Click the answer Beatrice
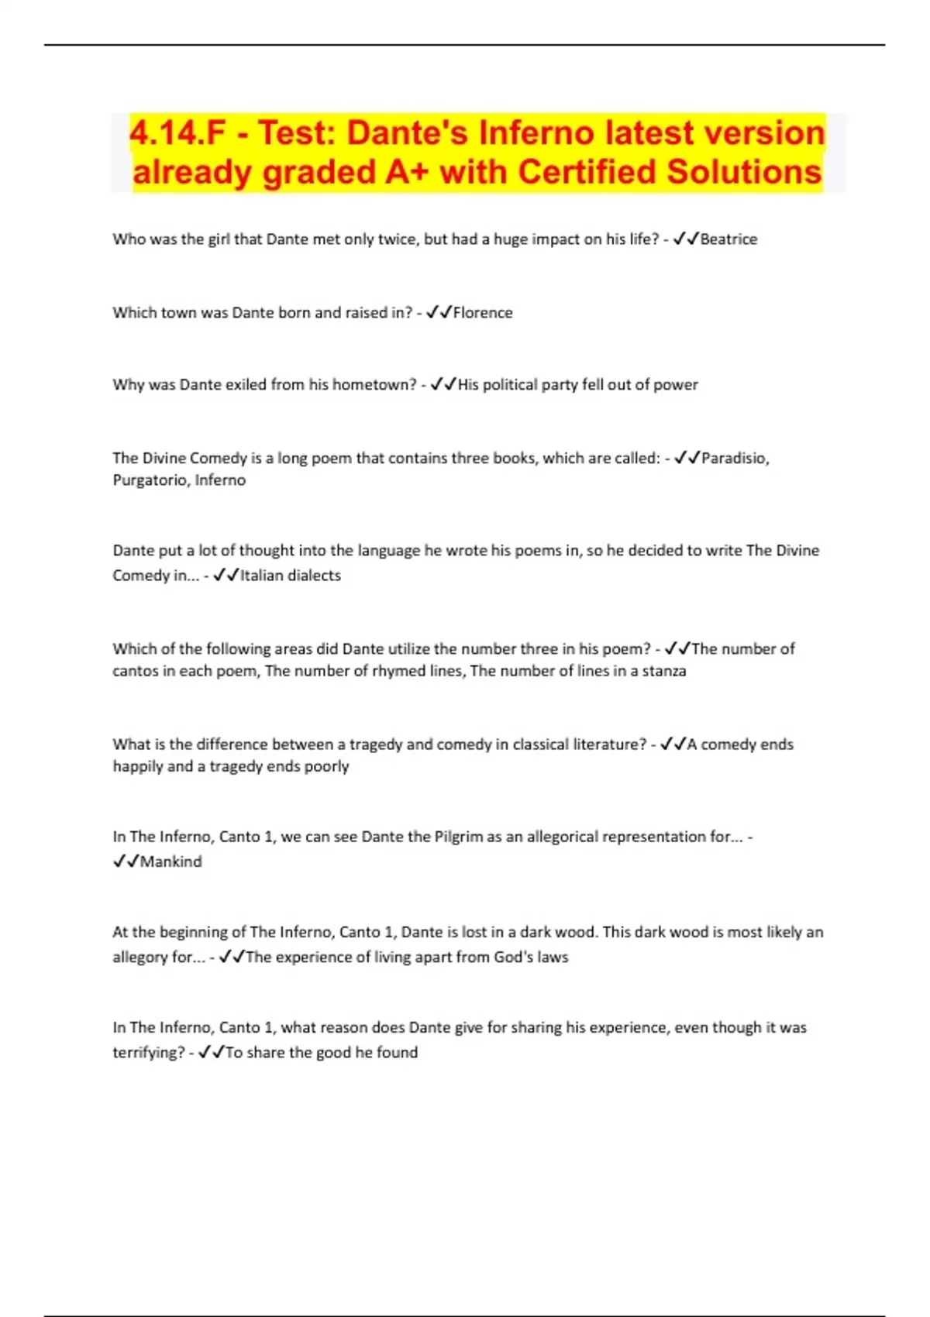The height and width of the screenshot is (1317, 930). [x=728, y=239]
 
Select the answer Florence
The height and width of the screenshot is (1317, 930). [x=483, y=313]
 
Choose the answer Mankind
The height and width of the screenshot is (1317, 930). [x=170, y=861]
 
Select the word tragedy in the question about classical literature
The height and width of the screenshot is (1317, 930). [x=375, y=744]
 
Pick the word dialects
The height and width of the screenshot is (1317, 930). [x=312, y=576]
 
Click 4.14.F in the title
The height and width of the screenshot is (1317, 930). [x=177, y=133]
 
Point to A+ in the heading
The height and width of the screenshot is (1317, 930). [x=405, y=172]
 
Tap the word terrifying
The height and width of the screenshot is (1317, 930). [x=148, y=1053]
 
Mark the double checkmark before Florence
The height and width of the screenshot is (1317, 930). [x=439, y=313]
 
